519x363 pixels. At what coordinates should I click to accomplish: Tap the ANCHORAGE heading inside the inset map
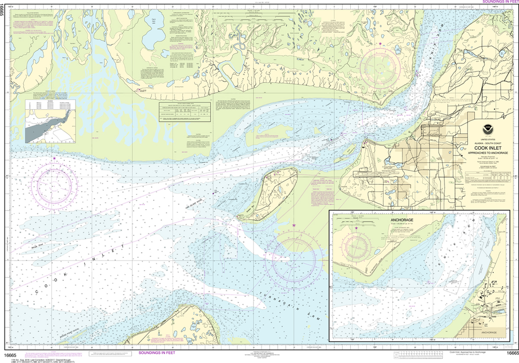(x=356, y=220)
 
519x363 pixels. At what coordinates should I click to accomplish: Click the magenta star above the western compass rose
(x=55, y=159)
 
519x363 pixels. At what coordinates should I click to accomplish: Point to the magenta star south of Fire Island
(x=294, y=225)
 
